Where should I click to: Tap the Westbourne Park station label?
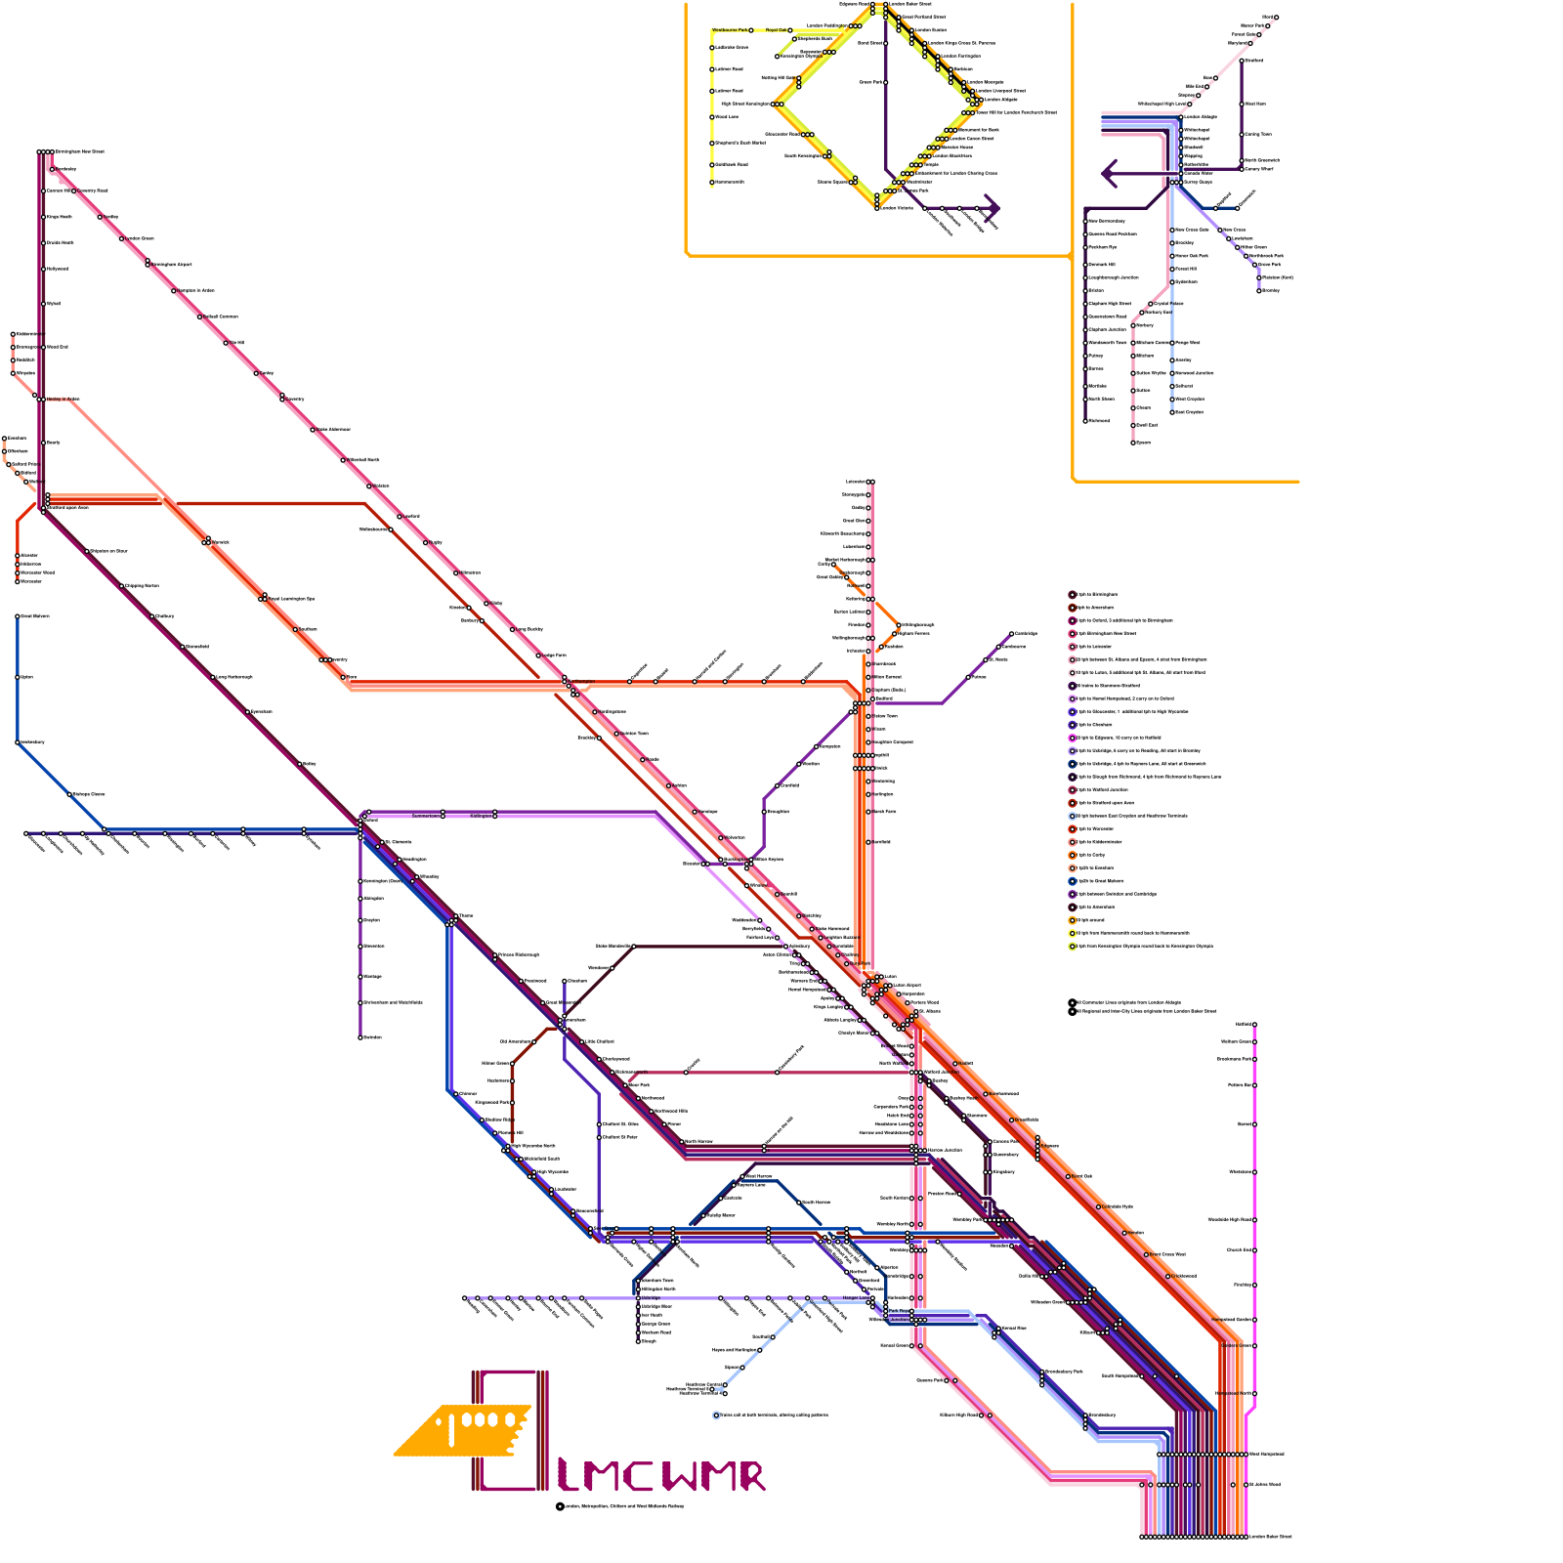tap(731, 30)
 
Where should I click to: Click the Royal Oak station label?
tap(776, 30)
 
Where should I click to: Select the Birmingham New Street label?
tap(79, 151)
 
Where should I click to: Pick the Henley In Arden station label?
tap(63, 399)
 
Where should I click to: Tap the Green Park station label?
tap(871, 82)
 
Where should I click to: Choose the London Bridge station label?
tap(1199, 117)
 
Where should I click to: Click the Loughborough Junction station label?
tap(1114, 277)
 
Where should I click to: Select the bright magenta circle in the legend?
tap(1073, 738)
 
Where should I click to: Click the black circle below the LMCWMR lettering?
tap(560, 1506)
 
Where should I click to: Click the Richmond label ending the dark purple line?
tap(1099, 421)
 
